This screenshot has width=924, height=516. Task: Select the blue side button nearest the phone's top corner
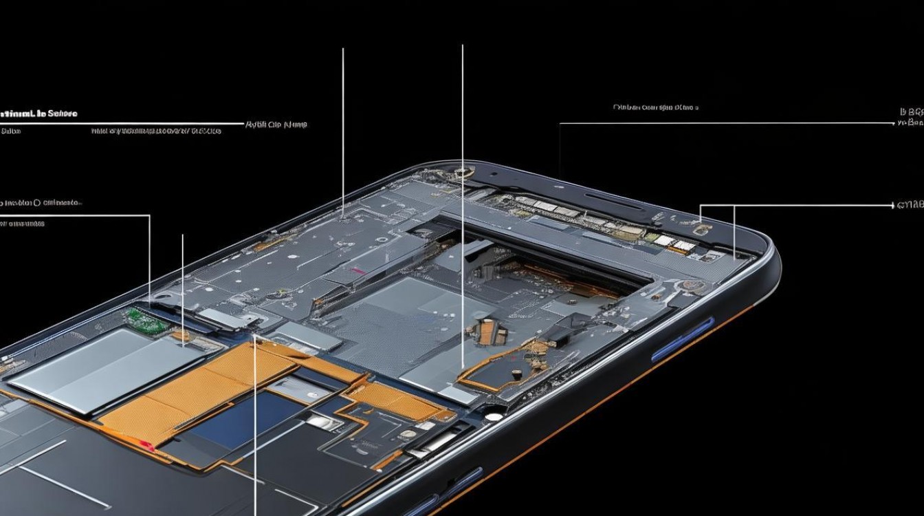pyautogui.click(x=683, y=339)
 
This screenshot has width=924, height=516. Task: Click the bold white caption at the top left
pyautogui.click(x=38, y=113)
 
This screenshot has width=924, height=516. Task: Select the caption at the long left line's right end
pyautogui.click(x=276, y=125)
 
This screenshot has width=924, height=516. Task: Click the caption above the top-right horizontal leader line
pyautogui.click(x=655, y=107)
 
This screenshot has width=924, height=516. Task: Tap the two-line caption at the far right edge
pyautogui.click(x=912, y=117)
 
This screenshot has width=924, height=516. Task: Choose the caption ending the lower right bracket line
pyautogui.click(x=910, y=205)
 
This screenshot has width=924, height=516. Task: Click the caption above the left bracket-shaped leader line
pyautogui.click(x=41, y=203)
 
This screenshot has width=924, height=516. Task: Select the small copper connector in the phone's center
pyautogui.click(x=486, y=333)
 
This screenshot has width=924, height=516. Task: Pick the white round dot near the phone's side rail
pyautogui.click(x=493, y=416)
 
